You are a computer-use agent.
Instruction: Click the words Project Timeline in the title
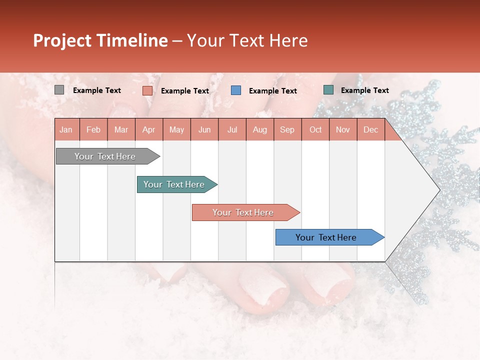100,40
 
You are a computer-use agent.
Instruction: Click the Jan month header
66,129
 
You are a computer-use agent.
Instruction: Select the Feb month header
93,129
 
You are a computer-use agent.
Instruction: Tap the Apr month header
148,129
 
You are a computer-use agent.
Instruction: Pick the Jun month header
204,129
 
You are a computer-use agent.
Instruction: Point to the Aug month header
259,129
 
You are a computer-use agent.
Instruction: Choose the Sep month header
287,129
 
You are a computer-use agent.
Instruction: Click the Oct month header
315,129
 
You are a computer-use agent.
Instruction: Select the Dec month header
370,129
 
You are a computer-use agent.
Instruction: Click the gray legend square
59,90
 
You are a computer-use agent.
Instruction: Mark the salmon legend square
147,90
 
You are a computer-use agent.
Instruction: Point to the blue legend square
236,90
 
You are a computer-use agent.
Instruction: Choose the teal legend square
328,90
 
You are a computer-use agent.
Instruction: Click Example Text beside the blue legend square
272,90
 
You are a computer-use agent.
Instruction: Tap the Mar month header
121,129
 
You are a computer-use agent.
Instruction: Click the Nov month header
343,129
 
